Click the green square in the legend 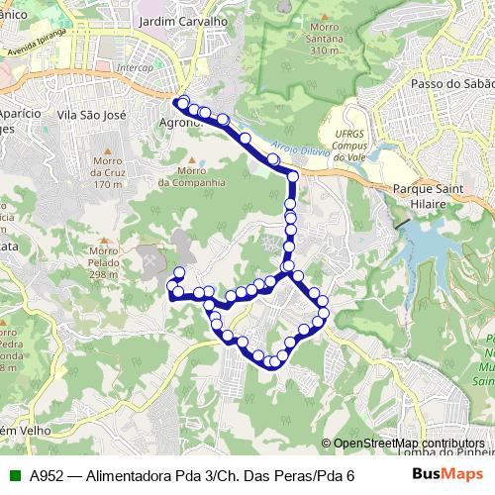tap(13, 476)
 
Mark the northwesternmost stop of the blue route tap(180, 100)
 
